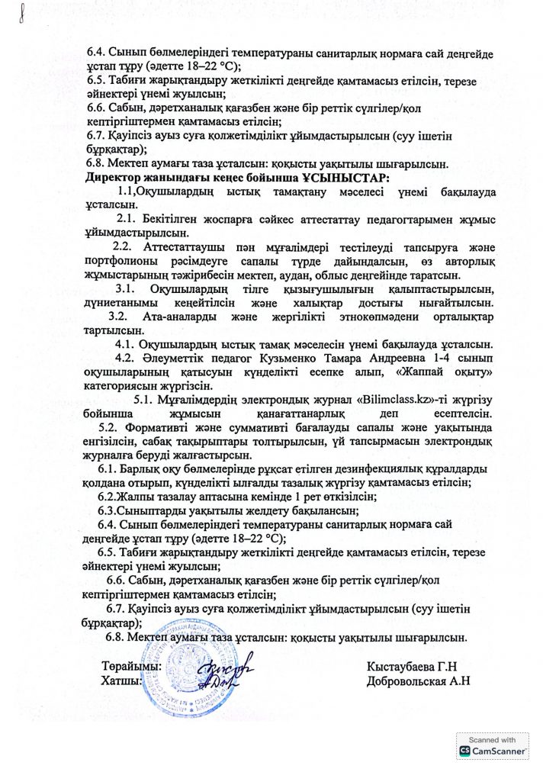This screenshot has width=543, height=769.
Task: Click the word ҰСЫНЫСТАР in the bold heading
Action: coord(347,177)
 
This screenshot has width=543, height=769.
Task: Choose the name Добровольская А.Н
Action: coord(418,681)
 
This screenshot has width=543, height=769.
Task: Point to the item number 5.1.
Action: coord(146,400)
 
